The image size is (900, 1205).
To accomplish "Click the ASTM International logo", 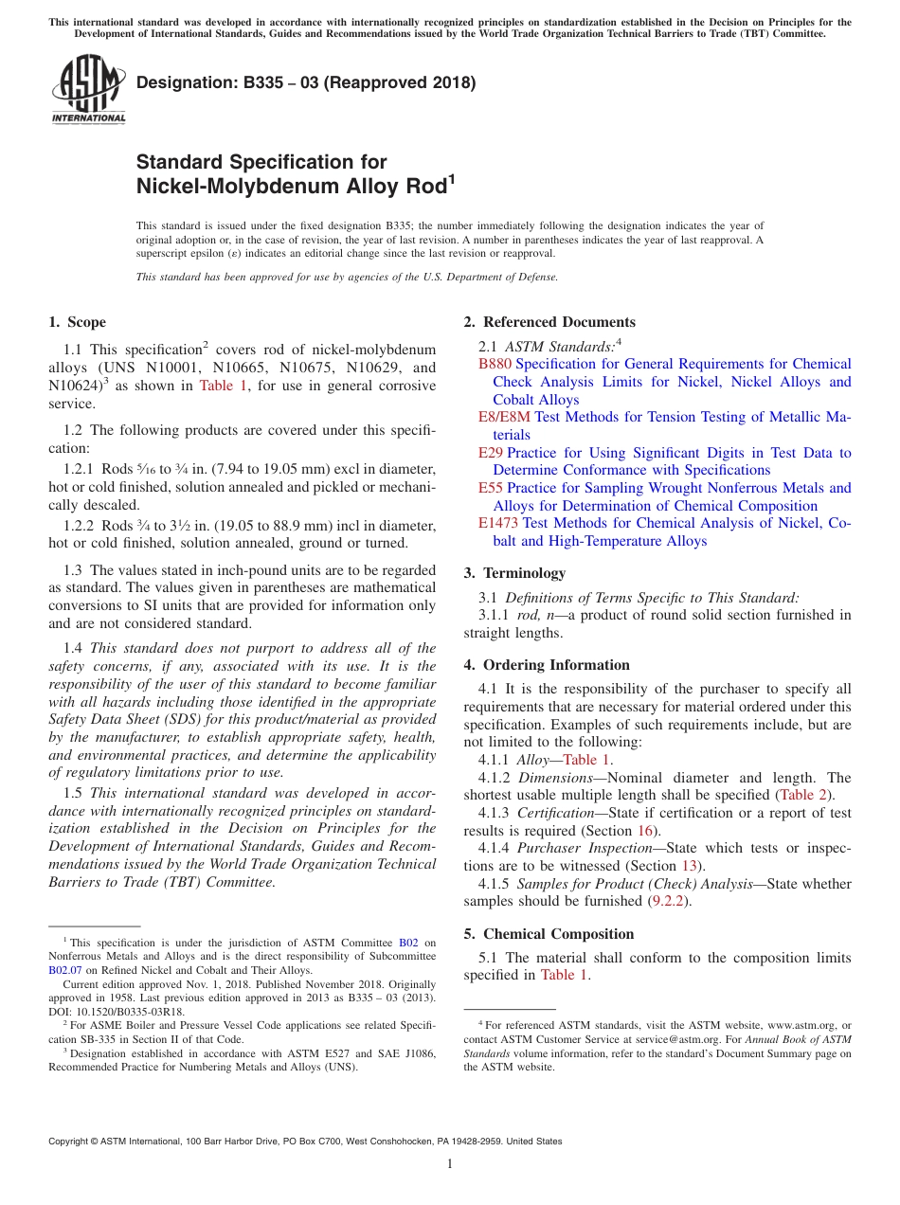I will click(x=88, y=91).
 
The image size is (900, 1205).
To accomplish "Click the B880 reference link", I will click(x=495, y=364).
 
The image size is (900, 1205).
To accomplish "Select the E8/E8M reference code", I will click(x=505, y=417).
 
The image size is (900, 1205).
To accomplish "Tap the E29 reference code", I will click(x=491, y=453).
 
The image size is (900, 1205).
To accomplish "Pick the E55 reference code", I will click(x=491, y=488).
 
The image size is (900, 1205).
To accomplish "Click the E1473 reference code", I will click(x=498, y=523).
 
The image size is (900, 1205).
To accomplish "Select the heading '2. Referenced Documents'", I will click(x=549, y=322).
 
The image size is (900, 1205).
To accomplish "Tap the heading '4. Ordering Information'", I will click(x=547, y=665).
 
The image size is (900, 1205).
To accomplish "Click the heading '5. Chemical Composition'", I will click(x=549, y=934).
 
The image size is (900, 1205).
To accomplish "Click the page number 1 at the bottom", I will click(x=450, y=1164).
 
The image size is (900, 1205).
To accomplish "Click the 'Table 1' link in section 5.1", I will click(x=564, y=975).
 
